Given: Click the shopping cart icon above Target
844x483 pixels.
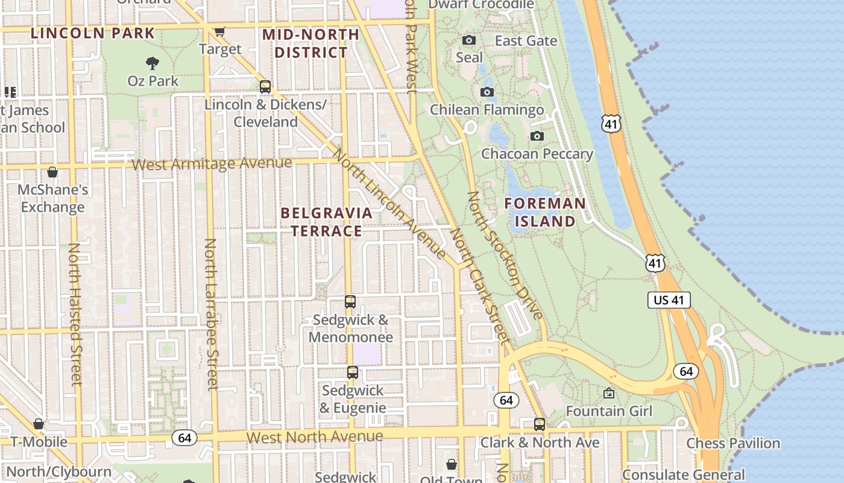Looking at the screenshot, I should (220, 31).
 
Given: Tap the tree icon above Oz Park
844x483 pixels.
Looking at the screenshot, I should (153, 62).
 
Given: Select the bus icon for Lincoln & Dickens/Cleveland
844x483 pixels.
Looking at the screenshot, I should (265, 87).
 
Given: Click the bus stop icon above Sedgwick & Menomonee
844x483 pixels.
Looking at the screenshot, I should (350, 301).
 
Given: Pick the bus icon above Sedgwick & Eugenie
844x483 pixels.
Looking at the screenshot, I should (353, 373).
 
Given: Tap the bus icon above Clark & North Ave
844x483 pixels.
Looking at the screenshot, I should (540, 424).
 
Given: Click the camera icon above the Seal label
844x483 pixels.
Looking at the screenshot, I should (468, 40).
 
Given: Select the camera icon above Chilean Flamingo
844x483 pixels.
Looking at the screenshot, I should (487, 92).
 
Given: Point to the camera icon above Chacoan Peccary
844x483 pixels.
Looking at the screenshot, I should (537, 136).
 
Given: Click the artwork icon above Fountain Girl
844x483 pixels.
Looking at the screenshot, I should (609, 394).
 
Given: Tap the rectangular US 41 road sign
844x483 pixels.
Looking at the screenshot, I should (669, 300).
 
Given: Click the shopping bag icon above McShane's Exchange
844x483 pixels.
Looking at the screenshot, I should (52, 172).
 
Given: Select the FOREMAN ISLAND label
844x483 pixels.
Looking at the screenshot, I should (545, 212).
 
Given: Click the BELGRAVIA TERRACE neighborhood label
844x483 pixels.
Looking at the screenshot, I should (326, 222).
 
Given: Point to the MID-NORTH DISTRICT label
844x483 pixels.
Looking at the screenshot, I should (311, 43).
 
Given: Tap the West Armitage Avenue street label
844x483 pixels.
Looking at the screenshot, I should (212, 163).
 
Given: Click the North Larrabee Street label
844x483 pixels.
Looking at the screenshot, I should (211, 314).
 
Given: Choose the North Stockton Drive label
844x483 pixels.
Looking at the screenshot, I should (505, 255).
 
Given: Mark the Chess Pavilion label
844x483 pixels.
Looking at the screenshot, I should (733, 443).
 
